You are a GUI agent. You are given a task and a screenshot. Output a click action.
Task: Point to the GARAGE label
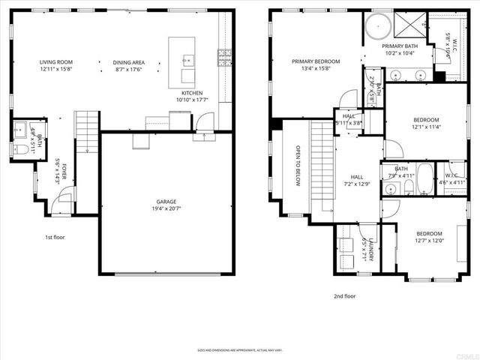coord(166,202)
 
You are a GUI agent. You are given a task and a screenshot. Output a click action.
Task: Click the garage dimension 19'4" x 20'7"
coord(166,209)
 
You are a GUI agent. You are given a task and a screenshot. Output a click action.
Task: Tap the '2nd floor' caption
coord(344,295)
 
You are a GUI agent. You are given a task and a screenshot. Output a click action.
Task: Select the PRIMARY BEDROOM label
coord(316,61)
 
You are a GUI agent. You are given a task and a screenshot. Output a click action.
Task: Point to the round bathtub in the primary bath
coord(382,26)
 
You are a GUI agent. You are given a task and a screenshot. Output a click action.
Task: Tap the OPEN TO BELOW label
coord(298,165)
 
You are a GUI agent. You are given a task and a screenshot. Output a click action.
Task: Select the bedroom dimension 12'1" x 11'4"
coord(426,127)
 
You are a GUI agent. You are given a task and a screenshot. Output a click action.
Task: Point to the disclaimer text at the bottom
coord(239,349)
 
